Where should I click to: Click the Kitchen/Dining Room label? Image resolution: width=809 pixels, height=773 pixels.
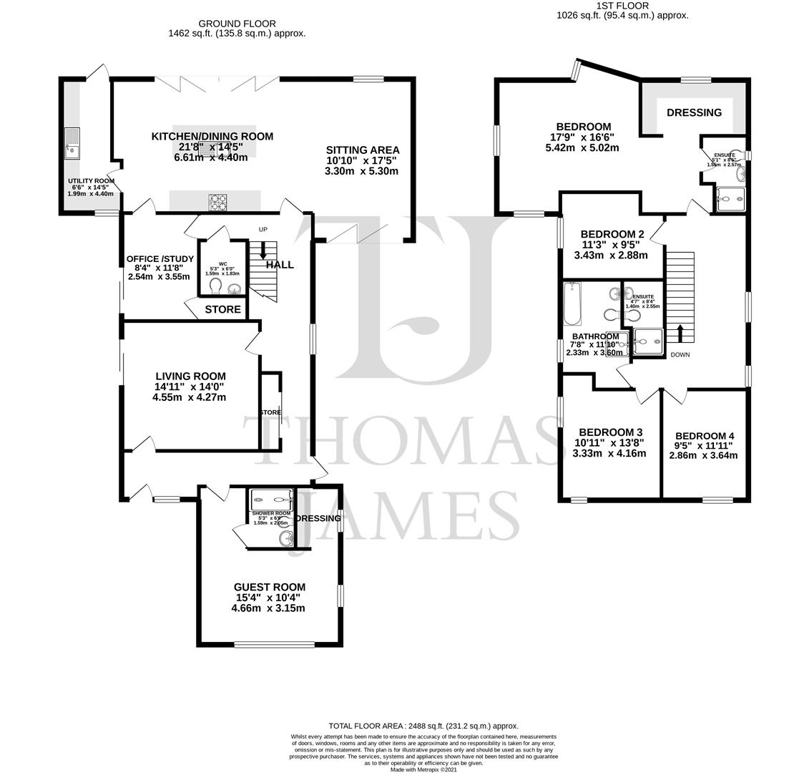(212, 137)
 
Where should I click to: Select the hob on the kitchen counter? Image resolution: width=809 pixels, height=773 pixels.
(218, 203)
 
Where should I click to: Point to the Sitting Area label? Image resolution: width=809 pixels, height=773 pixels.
(363, 150)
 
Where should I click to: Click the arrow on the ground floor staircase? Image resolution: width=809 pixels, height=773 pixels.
(263, 250)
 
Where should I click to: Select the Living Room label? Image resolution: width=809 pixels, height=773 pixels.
(190, 376)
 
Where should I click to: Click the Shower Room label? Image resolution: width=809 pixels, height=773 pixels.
(271, 514)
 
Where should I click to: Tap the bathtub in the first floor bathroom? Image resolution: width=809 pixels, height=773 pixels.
(572, 304)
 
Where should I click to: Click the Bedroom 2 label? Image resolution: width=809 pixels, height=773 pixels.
(612, 234)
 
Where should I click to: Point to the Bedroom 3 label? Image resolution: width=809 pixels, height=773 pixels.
(610, 432)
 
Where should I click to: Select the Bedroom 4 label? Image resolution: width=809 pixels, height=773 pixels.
(704, 436)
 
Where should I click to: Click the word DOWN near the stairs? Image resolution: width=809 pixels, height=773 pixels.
(680, 355)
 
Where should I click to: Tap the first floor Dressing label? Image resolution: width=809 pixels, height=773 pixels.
(694, 112)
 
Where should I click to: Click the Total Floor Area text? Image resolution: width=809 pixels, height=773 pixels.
(423, 726)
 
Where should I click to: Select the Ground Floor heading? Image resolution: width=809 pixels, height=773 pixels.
(237, 24)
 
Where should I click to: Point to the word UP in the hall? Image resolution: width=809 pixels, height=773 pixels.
(263, 229)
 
